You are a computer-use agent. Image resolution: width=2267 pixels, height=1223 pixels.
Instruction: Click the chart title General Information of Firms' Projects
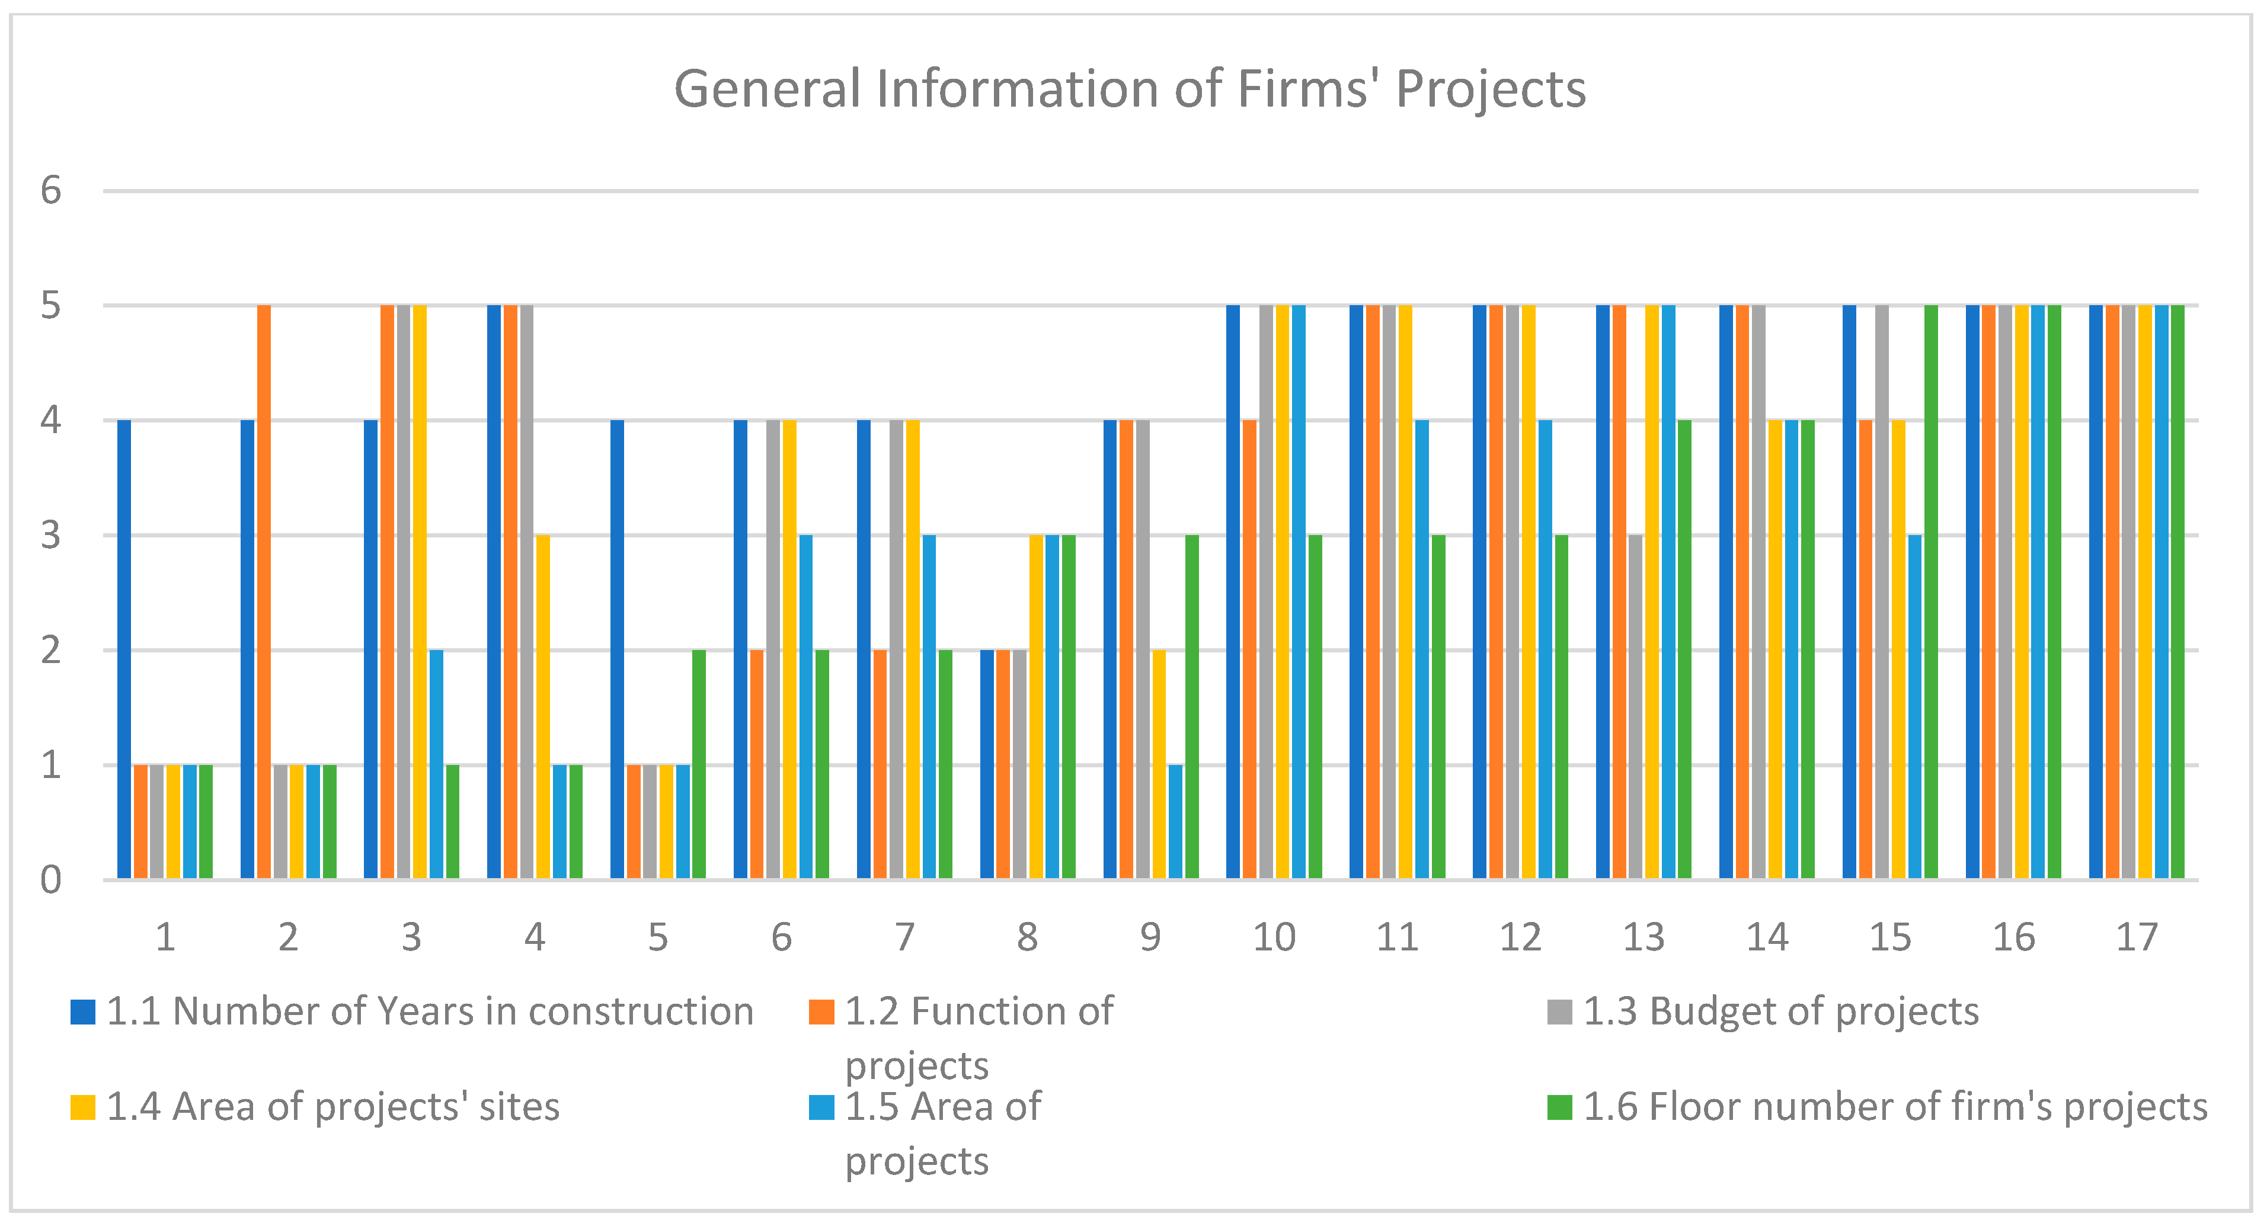(1130, 89)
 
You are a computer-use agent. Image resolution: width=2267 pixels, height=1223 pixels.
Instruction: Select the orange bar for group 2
(264, 591)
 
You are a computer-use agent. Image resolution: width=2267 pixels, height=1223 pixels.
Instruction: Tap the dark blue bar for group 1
(124, 649)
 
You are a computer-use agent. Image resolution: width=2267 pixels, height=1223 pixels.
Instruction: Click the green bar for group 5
(699, 764)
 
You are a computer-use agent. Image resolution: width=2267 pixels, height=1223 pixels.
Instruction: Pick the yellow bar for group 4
(543, 706)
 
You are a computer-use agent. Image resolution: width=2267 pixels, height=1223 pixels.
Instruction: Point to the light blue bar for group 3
(436, 764)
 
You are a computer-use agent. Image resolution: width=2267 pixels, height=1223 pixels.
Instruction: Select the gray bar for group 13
(1635, 706)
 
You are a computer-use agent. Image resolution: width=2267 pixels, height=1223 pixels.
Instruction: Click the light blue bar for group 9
(1176, 822)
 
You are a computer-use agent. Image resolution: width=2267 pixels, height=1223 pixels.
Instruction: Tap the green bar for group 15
(1931, 591)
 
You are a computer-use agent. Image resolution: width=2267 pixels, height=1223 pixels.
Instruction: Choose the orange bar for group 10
(1250, 649)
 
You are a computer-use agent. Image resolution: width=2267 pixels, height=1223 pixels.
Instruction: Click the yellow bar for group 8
(1036, 706)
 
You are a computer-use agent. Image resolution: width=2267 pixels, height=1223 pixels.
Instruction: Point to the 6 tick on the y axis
(51, 190)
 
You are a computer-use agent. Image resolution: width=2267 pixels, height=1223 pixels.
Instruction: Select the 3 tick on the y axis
(51, 535)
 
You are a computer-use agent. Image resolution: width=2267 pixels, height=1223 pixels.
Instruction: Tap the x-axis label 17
(2137, 938)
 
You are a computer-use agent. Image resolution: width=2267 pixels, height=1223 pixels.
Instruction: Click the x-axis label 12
(1520, 938)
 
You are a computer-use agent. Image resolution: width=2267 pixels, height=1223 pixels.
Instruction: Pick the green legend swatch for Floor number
(1559, 1107)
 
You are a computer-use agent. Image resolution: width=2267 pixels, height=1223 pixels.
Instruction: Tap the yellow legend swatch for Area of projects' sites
(83, 1107)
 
